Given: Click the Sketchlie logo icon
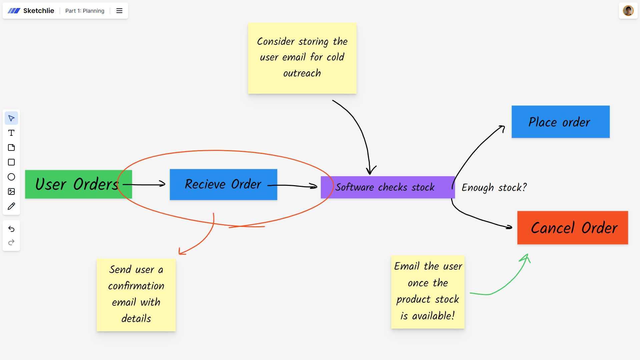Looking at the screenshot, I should pos(14,11).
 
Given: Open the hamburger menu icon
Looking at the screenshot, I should pos(119,11).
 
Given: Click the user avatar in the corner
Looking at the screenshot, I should pos(628,11).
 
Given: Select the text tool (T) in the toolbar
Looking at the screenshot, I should pos(11,133).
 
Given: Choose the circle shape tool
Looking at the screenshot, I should pos(11,177).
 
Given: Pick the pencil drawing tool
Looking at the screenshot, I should pos(11,206).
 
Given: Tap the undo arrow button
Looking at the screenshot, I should pos(11,229).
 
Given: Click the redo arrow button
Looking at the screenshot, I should pos(11,242).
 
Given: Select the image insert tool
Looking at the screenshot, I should pos(11,192).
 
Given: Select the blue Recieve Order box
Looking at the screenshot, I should pos(223,185).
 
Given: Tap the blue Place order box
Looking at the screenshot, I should pos(560,122).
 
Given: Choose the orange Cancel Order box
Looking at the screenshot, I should pos(572,228).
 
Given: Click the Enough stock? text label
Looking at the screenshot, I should pos(494,188).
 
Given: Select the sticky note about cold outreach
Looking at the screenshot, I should pos(302,58).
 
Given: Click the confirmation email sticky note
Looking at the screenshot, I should pos(136,295).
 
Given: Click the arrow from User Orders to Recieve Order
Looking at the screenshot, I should pos(144,184).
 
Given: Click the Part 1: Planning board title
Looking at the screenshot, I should pos(85,11).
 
